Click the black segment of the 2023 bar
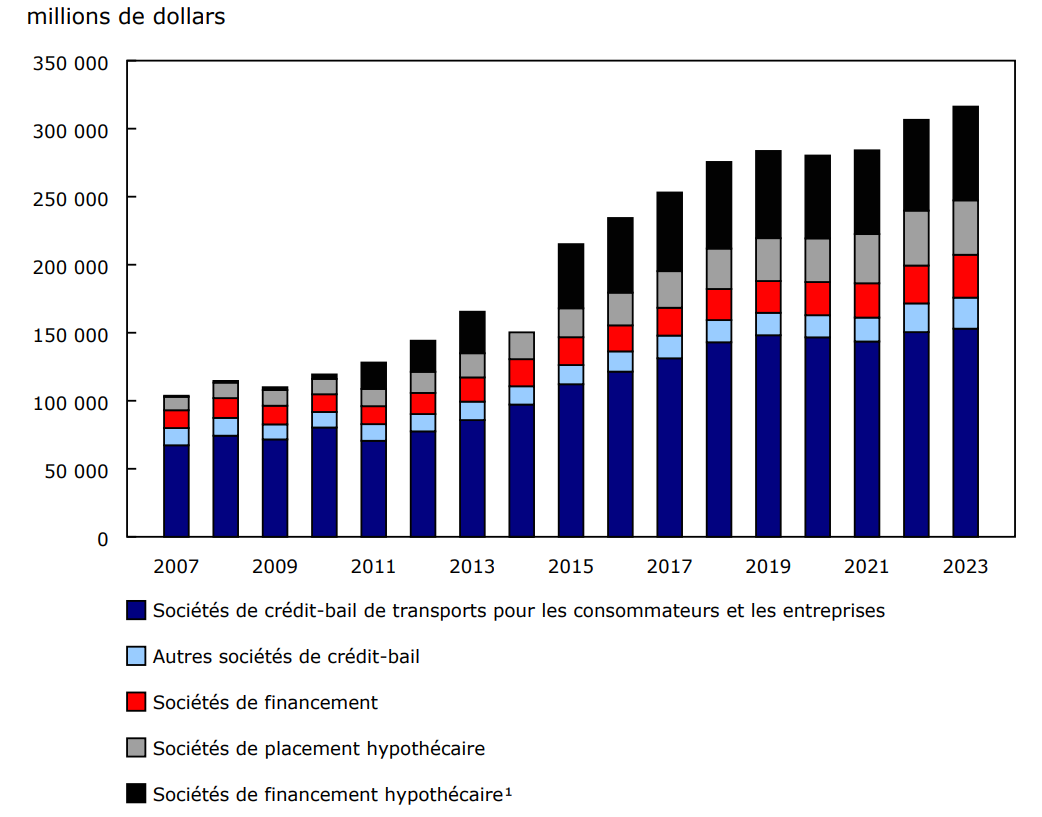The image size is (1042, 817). tap(965, 153)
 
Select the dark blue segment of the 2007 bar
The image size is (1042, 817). tap(176, 491)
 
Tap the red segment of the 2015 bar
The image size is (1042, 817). tap(571, 351)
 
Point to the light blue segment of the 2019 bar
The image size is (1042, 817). tap(768, 323)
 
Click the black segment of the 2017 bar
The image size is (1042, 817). tap(670, 231)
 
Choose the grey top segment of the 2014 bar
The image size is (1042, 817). tap(522, 345)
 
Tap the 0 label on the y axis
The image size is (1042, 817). tap(102, 538)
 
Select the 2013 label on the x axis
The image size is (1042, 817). tap(472, 567)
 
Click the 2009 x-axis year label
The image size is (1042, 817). tap(275, 567)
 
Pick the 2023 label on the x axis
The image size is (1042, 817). tap(965, 567)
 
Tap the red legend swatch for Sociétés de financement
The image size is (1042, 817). tap(137, 702)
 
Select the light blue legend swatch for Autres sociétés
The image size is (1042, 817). tap(137, 656)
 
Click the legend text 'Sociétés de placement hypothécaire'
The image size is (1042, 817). tap(319, 748)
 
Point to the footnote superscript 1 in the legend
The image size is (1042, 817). tap(508, 791)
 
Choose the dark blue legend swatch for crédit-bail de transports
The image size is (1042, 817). tap(137, 610)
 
